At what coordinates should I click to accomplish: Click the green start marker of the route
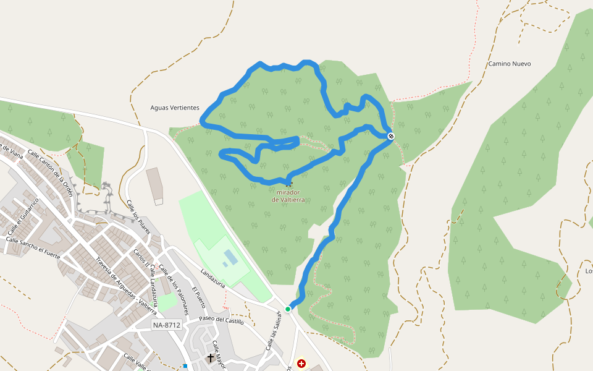click(x=288, y=309)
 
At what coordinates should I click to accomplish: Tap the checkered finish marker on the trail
click(x=391, y=136)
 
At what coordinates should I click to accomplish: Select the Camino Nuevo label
click(x=509, y=64)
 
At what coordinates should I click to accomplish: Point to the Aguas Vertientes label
click(x=175, y=108)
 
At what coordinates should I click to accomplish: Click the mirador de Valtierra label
click(x=288, y=196)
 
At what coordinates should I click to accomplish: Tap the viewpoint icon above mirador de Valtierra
click(x=288, y=184)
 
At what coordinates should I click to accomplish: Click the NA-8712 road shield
click(x=167, y=325)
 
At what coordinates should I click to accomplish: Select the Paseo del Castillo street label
click(x=221, y=320)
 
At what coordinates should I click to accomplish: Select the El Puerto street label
click(x=198, y=297)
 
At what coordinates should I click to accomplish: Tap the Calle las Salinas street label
click(x=273, y=331)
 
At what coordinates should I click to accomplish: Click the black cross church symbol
click(x=210, y=358)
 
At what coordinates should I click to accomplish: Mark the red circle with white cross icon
click(x=301, y=364)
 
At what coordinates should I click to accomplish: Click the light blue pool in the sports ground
click(x=229, y=256)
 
